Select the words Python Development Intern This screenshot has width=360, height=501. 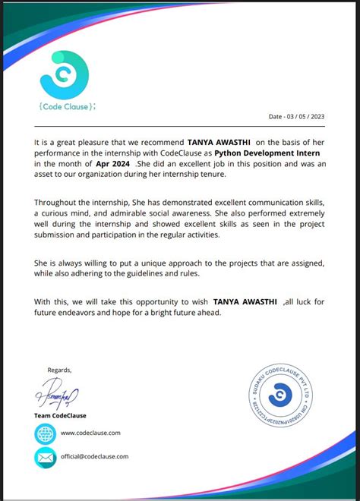coord(266,153)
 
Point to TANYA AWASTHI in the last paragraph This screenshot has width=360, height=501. coord(245,301)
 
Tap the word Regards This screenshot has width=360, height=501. coord(59,370)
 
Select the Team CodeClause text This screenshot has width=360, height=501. coord(61,415)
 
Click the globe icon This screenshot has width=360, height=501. coord(46,433)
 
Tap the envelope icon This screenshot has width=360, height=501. coord(46,457)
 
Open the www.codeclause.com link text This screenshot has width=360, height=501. coord(90,433)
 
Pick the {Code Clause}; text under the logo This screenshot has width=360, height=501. coord(67,106)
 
